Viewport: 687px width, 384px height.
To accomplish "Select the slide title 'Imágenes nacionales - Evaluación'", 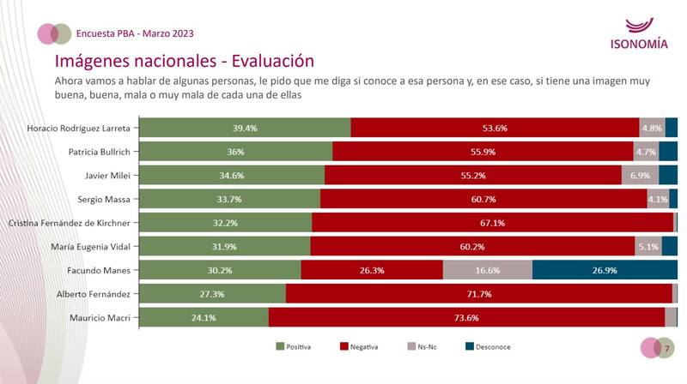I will (184, 61).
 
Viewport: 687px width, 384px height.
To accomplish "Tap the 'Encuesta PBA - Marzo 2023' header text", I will (135, 33).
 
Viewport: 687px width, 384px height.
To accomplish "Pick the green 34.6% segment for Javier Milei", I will (232, 175).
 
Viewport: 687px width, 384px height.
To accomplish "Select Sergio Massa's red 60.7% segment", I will (483, 199).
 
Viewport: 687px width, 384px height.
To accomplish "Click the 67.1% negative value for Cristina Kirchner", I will (492, 223).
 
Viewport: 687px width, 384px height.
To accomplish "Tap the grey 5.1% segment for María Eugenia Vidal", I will (649, 247).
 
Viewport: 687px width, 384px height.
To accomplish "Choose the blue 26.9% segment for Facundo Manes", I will (605, 270).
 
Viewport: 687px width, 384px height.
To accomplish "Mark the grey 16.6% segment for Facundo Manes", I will (487, 270).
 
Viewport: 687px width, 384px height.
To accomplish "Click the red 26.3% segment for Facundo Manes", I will (371, 270).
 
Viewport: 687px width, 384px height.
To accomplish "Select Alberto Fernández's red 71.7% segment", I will (478, 294).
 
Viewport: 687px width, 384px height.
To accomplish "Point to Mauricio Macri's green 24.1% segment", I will (204, 318).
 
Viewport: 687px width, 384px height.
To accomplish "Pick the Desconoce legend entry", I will (487, 347).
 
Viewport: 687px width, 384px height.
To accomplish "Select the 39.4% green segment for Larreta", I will (245, 128).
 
